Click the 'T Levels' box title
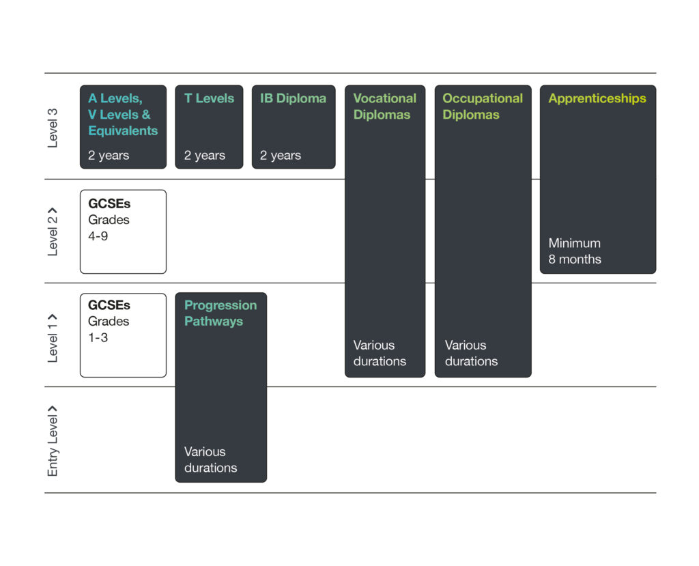click(209, 98)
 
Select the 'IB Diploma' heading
click(293, 98)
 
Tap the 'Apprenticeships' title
click(597, 98)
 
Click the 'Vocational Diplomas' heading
click(385, 106)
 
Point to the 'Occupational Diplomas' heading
click(483, 106)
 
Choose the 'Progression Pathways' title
click(220, 313)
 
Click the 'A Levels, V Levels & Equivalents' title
click(123, 115)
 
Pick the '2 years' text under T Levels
click(205, 155)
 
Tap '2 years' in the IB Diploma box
click(281, 155)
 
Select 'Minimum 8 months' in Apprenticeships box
click(575, 251)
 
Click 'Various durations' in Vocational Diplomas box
click(380, 353)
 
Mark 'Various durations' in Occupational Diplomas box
click(471, 353)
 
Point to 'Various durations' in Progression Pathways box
click(210, 459)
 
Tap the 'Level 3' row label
click(53, 128)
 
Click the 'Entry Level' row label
click(53, 446)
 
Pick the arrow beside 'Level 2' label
click(52, 210)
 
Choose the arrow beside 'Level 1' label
click(52, 317)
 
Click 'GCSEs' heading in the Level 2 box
click(109, 204)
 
